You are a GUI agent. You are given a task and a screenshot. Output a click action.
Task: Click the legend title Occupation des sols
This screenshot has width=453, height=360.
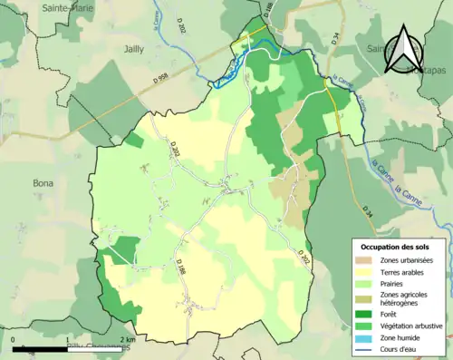395,247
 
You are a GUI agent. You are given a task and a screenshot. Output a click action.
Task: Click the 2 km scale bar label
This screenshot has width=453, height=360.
130,340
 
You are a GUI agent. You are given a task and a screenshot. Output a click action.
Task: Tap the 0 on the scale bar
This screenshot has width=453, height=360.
14,340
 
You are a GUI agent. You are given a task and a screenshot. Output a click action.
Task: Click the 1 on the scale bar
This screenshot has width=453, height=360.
72,340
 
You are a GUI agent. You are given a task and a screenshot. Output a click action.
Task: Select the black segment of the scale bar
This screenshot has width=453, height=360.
43,349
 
